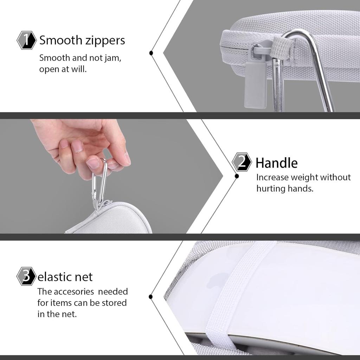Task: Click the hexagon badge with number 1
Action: coord(27,40)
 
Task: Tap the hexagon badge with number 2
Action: coord(242,162)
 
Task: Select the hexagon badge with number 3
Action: coord(26,276)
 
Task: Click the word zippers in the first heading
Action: coord(105,40)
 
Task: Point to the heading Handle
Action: coord(276,163)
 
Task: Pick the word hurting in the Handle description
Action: coord(271,188)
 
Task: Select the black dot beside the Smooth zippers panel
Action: coord(151,53)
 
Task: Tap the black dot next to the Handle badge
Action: coord(237,176)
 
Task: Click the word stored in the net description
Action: coord(114,303)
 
